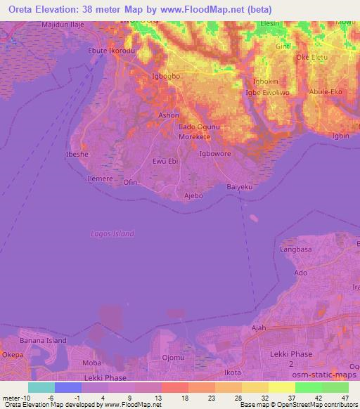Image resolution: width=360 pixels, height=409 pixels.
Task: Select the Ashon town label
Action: click(169, 115)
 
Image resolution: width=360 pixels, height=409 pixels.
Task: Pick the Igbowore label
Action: click(215, 153)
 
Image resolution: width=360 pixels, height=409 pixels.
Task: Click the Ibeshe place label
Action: click(77, 153)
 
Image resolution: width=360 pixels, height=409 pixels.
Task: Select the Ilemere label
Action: click(100, 180)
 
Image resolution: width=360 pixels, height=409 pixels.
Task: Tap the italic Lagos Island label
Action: click(112, 233)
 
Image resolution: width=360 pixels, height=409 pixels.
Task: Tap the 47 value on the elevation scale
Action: click(343, 398)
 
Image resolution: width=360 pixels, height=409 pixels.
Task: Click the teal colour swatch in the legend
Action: click(41, 387)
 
